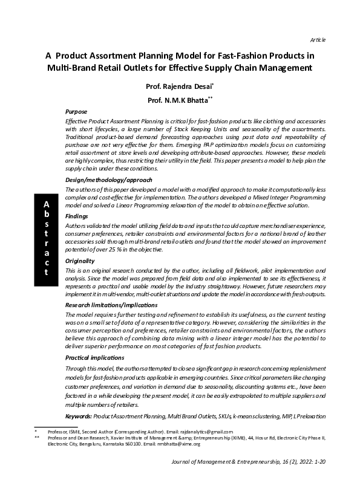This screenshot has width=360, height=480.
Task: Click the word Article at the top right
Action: [x=318, y=40]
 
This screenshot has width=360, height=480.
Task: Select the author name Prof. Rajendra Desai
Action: [x=175, y=86]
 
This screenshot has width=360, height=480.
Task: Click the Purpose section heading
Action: [x=76, y=112]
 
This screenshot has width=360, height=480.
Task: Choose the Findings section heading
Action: [x=77, y=216]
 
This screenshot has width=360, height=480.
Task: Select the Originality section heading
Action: [x=80, y=261]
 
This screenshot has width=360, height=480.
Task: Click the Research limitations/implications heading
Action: [x=111, y=305]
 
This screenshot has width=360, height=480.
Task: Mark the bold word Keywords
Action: [x=78, y=417]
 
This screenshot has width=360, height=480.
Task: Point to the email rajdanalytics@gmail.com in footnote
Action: [x=205, y=432]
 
